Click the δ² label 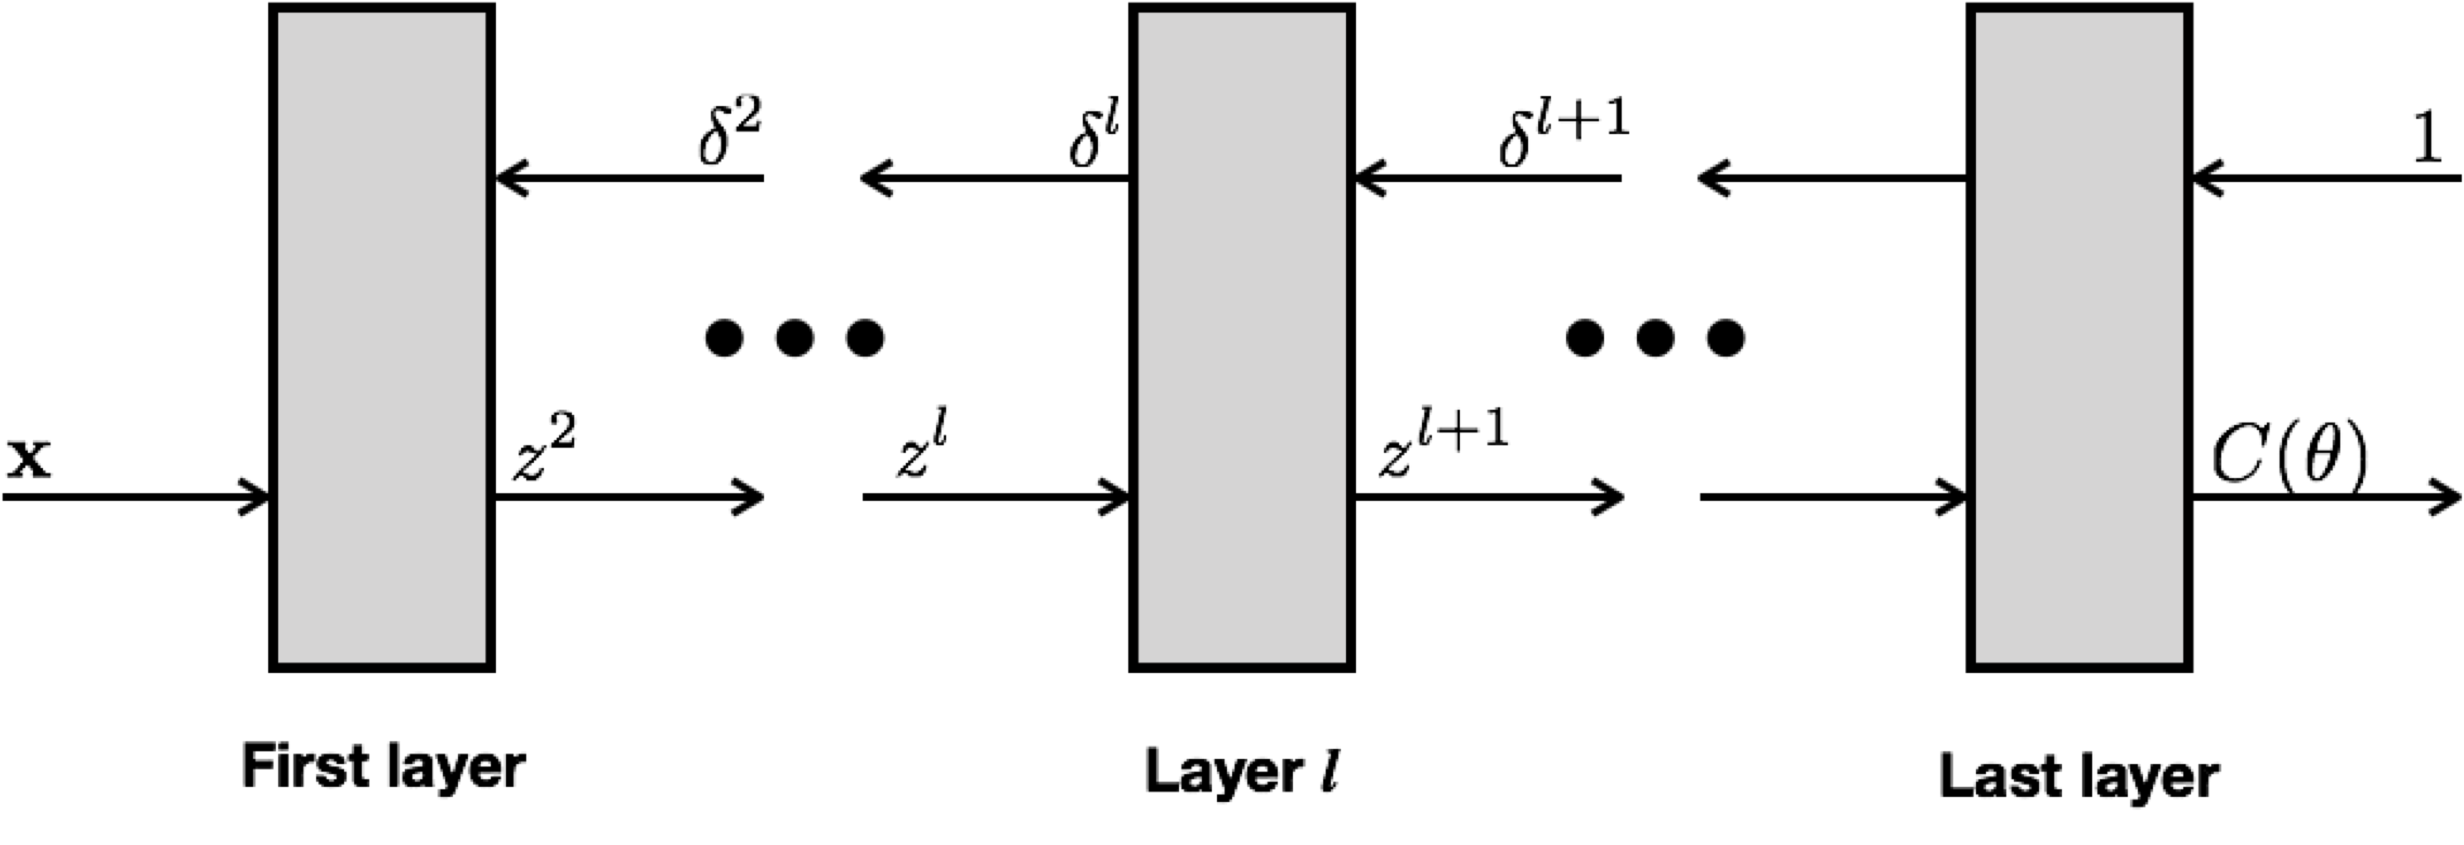point(729,134)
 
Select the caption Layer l point(1242,771)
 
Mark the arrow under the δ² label point(628,178)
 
